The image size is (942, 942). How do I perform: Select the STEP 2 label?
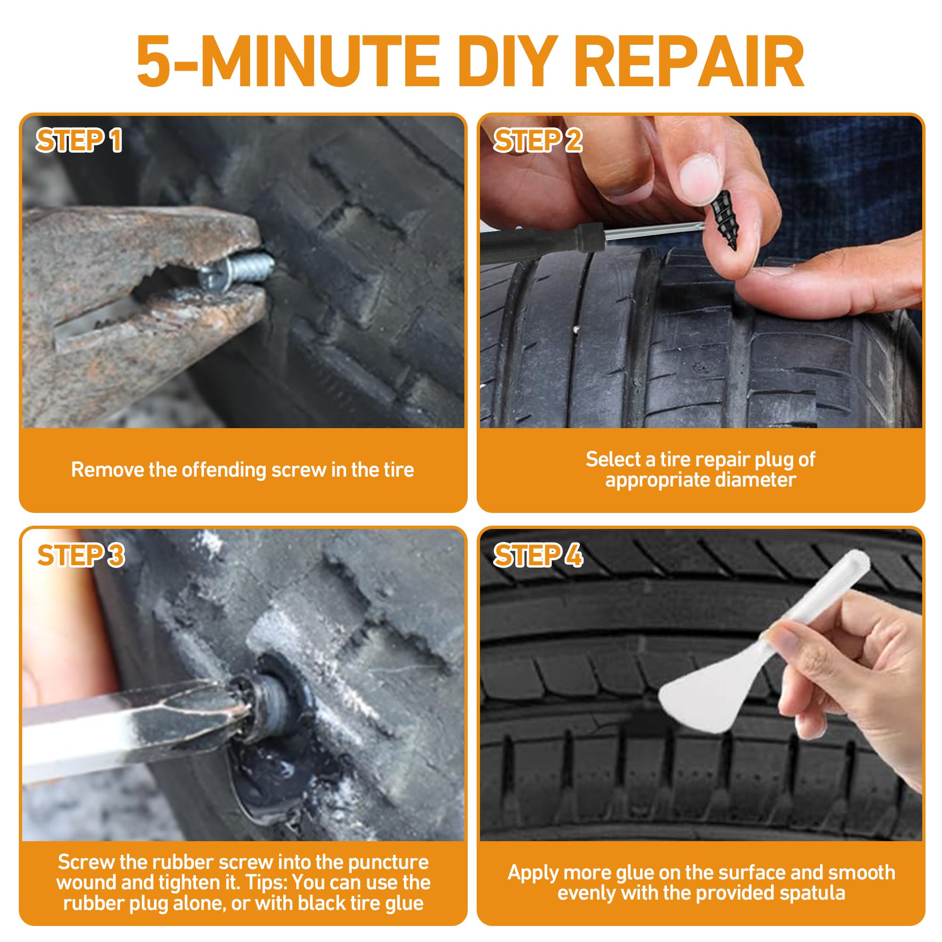[x=538, y=141]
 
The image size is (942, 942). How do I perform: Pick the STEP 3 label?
[x=81, y=556]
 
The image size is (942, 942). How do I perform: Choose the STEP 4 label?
[x=538, y=556]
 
